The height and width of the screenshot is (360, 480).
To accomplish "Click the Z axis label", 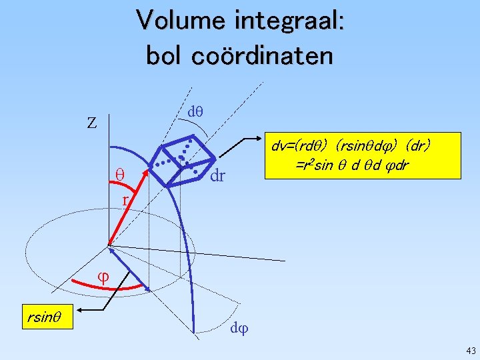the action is click(92, 123).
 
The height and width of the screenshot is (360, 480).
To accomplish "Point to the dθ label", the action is click(195, 113).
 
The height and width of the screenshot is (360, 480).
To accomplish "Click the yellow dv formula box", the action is click(363, 155).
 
